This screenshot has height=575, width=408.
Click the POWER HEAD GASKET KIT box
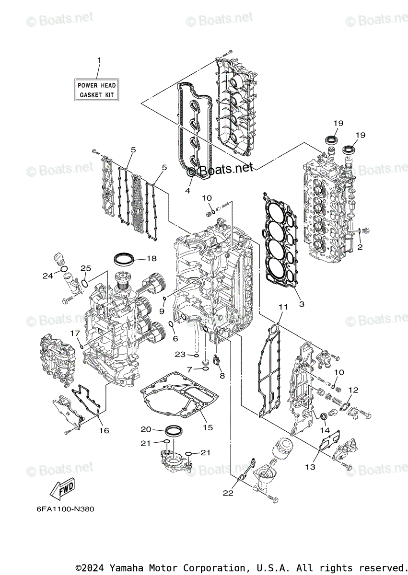[x=97, y=90]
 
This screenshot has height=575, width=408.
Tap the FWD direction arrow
[x=62, y=488]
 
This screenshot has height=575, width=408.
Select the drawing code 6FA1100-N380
[x=65, y=509]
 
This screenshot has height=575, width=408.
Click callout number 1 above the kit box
[x=99, y=60]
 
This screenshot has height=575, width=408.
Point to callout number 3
[x=302, y=304]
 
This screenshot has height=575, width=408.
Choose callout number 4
[x=187, y=190]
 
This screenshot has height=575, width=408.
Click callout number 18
[x=152, y=259]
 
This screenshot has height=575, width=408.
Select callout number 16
[x=104, y=430]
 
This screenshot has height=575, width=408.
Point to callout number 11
[x=282, y=306]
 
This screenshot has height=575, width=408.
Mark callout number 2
[x=360, y=247]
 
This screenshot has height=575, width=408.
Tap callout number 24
[x=47, y=276]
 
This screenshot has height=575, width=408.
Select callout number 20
[x=146, y=429]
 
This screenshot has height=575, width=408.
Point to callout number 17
[x=75, y=333]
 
